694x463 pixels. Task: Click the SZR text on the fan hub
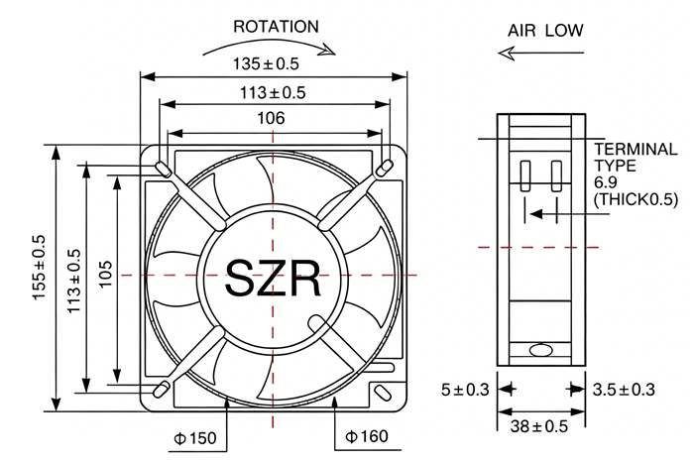click(273, 279)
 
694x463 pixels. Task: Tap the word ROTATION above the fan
click(276, 27)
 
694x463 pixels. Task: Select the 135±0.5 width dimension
click(266, 63)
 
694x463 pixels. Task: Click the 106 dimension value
click(271, 118)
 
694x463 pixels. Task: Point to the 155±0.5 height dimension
click(39, 268)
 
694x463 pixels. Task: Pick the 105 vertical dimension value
click(105, 275)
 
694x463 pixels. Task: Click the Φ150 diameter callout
click(195, 438)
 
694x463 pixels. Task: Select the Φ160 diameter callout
click(367, 436)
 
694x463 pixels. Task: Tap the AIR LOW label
click(545, 31)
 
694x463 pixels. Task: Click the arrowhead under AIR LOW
click(508, 54)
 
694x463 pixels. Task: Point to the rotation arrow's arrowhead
click(328, 50)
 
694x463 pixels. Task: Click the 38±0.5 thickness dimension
click(538, 426)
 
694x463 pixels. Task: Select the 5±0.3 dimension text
click(465, 390)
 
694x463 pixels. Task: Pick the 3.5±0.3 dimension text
click(624, 390)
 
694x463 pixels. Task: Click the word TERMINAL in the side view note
click(636, 149)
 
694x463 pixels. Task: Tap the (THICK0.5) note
click(636, 199)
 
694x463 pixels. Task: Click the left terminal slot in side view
click(524, 176)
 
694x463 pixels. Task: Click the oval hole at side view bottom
click(541, 350)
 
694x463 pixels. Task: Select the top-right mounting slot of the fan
click(384, 169)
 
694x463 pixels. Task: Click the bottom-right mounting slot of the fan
click(382, 393)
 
